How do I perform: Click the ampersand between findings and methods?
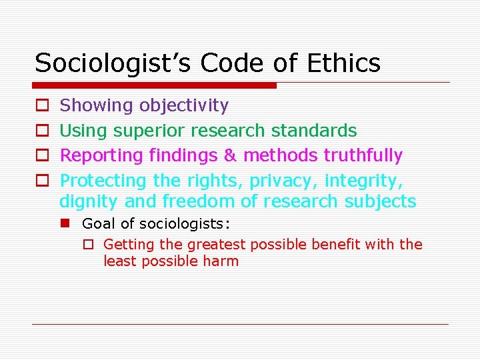230,155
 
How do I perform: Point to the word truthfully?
363,155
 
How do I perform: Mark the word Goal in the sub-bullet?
97,223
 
